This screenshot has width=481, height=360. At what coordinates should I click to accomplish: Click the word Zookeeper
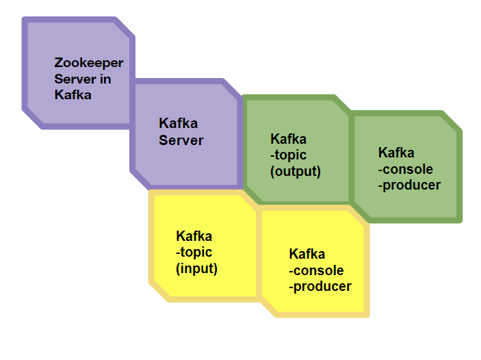point(89,63)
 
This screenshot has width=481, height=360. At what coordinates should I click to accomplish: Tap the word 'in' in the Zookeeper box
point(105,79)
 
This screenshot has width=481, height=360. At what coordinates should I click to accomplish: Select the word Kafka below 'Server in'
point(73,95)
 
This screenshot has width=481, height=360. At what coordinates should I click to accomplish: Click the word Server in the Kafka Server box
point(181,140)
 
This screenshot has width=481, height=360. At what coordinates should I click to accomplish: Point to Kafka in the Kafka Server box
point(178,124)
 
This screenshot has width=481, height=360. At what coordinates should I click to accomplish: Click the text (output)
point(296,171)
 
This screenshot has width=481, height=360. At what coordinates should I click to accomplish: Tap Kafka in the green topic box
point(288,140)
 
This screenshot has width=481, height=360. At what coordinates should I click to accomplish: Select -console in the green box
point(406,168)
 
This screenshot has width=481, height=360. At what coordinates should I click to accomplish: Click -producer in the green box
point(409,185)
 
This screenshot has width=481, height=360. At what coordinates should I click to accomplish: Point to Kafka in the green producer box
point(396,153)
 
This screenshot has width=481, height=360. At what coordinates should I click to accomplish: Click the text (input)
point(197,269)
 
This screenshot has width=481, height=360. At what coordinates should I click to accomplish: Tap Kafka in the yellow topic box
point(194,237)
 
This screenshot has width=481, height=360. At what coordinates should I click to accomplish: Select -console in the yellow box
point(316,270)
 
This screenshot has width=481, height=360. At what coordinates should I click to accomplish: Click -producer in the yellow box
point(320,286)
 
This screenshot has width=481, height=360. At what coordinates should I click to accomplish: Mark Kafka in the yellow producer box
point(307,255)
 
